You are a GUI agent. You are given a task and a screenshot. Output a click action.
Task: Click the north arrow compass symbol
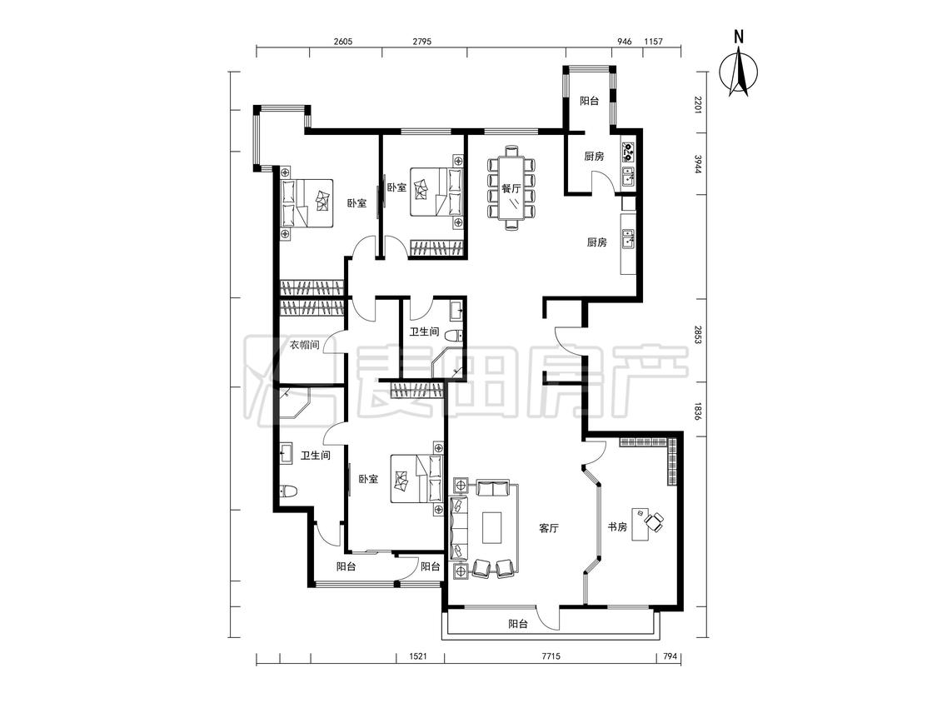pyautogui.click(x=740, y=71)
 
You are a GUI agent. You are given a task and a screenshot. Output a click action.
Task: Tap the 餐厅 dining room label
pyautogui.click(x=511, y=189)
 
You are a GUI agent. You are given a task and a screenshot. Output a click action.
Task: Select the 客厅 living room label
pyautogui.click(x=548, y=528)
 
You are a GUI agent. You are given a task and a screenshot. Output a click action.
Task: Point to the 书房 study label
pyautogui.click(x=617, y=527)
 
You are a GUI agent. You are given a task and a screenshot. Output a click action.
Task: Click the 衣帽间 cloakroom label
pyautogui.click(x=304, y=345)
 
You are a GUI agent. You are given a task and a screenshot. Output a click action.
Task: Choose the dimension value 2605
pyautogui.click(x=343, y=42)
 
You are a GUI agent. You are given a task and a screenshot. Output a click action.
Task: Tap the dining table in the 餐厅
pyautogui.click(x=511, y=187)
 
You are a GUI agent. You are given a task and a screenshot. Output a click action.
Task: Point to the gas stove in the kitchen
pyautogui.click(x=628, y=152)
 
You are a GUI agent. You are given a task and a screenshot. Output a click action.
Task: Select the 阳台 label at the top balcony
pyautogui.click(x=589, y=101)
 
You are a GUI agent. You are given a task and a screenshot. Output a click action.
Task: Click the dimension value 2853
pyautogui.click(x=697, y=336)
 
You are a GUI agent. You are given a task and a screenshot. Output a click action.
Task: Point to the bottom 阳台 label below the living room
pyautogui.click(x=518, y=624)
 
